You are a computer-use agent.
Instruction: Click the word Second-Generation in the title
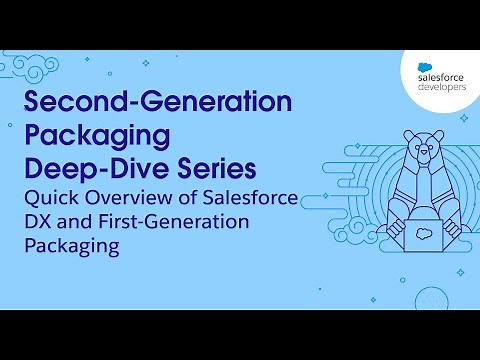pos(157,103)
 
